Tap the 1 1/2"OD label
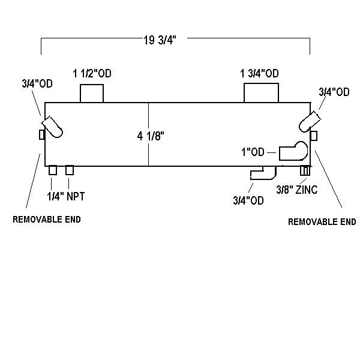click(92, 74)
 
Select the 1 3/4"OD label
click(259, 74)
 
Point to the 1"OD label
click(253, 152)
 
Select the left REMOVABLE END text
click(47, 220)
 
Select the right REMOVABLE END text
click(322, 221)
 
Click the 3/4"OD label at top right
click(334, 92)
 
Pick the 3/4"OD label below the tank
click(248, 200)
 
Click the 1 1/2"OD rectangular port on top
click(92, 94)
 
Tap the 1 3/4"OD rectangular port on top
click(261, 94)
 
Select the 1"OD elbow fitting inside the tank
click(293, 151)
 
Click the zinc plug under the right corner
click(305, 171)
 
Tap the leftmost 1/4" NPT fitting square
click(53, 170)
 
